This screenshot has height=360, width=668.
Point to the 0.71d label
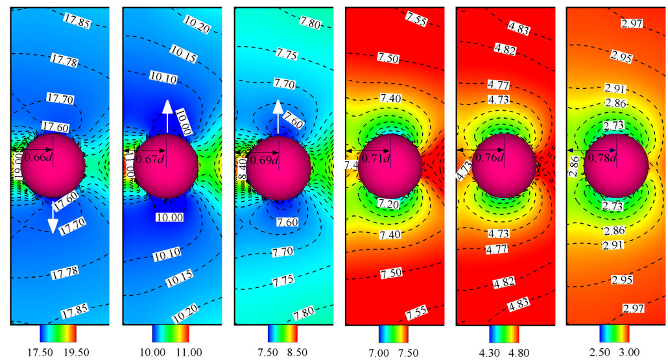point(378,158)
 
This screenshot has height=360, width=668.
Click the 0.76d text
point(491,157)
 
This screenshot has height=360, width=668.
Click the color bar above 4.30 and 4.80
point(504,333)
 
